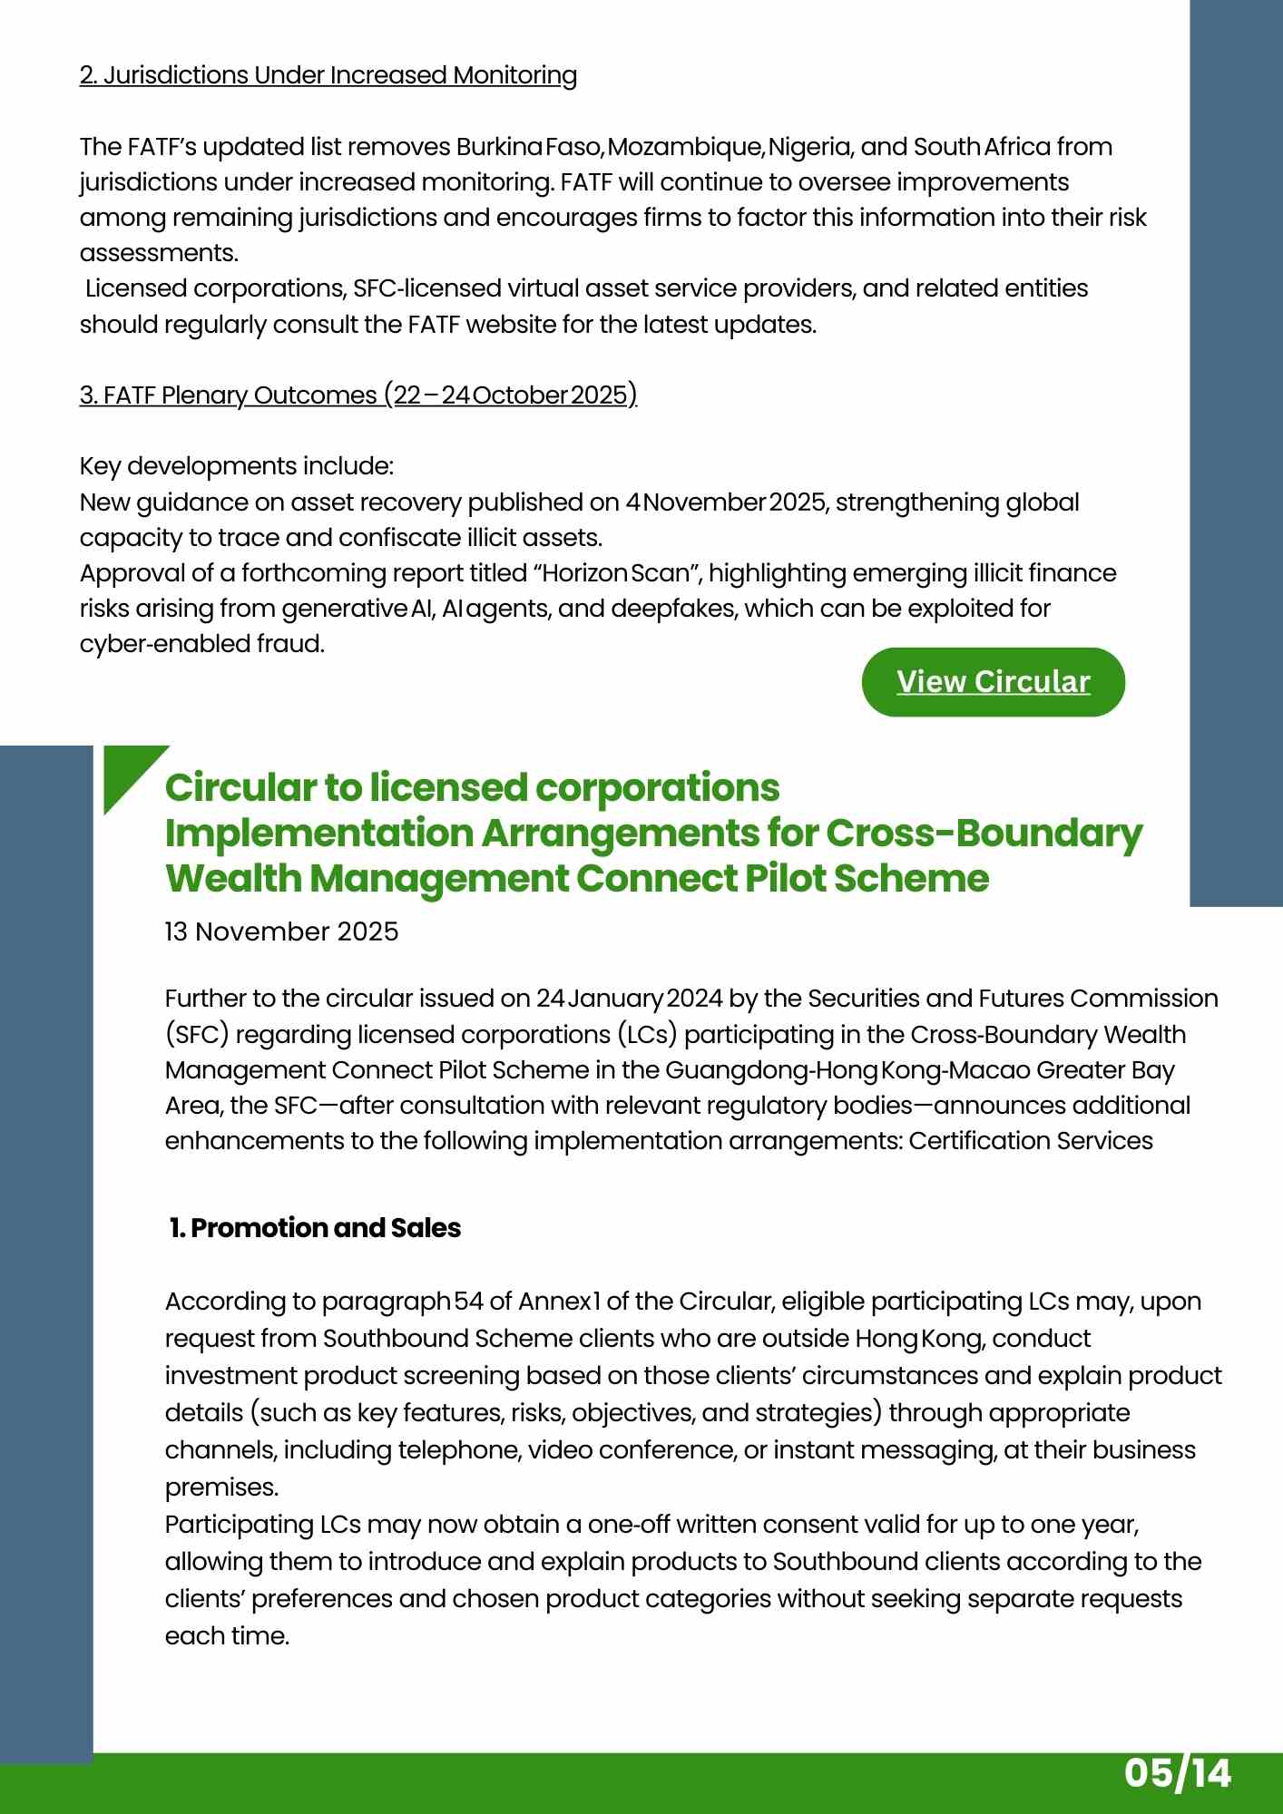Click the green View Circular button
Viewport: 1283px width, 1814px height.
(993, 682)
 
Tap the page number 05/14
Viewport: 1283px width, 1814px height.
(1177, 1773)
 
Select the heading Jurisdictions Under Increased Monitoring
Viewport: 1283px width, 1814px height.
(328, 75)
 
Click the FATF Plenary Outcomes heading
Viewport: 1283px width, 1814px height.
(358, 395)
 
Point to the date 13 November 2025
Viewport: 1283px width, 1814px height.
(281, 931)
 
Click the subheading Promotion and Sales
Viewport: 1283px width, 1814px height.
(315, 1228)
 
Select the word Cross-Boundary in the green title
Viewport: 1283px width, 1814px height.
(984, 833)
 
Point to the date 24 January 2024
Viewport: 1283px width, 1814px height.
(629, 999)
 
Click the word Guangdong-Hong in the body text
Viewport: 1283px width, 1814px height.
(771, 1070)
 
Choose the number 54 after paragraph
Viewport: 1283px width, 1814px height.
(468, 1302)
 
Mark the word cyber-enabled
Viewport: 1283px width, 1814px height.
(160, 644)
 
